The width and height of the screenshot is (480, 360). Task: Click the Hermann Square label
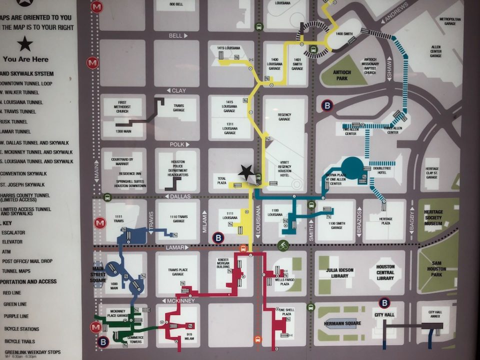tap(342, 323)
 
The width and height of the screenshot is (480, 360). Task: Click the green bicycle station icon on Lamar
tap(283, 245)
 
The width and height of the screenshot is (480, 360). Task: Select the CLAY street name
tap(178, 90)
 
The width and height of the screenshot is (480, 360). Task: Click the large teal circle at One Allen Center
tap(352, 166)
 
